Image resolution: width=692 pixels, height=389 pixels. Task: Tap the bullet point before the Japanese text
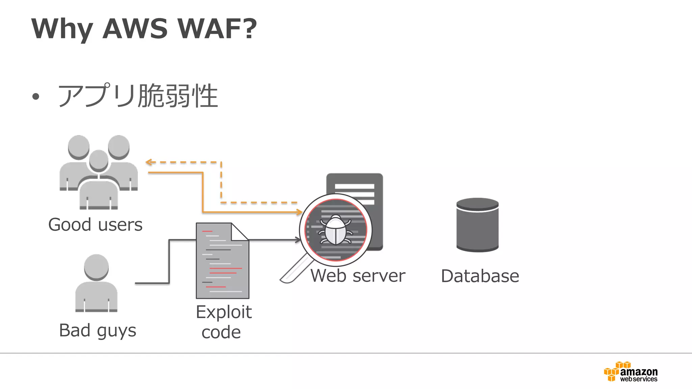click(x=36, y=97)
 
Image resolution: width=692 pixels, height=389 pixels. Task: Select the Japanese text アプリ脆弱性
click(x=138, y=96)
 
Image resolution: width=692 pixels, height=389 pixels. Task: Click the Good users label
click(x=95, y=225)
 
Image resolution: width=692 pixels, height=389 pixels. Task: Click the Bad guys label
click(x=97, y=330)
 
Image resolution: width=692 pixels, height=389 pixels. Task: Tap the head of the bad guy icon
click(x=96, y=267)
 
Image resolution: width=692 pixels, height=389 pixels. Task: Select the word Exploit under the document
click(x=224, y=312)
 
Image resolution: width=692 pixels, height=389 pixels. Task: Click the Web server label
click(x=357, y=276)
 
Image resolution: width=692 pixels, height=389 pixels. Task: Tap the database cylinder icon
click(x=477, y=225)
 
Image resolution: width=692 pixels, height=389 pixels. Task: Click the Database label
click(x=480, y=276)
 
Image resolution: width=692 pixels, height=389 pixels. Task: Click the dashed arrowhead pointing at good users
click(x=148, y=162)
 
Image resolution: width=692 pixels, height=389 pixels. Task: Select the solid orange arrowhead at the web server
click(x=299, y=212)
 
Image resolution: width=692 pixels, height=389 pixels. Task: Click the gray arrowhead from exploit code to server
click(x=298, y=240)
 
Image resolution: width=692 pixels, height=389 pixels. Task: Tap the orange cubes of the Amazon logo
click(x=612, y=372)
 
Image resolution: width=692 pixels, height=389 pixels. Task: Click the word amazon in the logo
click(x=639, y=372)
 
